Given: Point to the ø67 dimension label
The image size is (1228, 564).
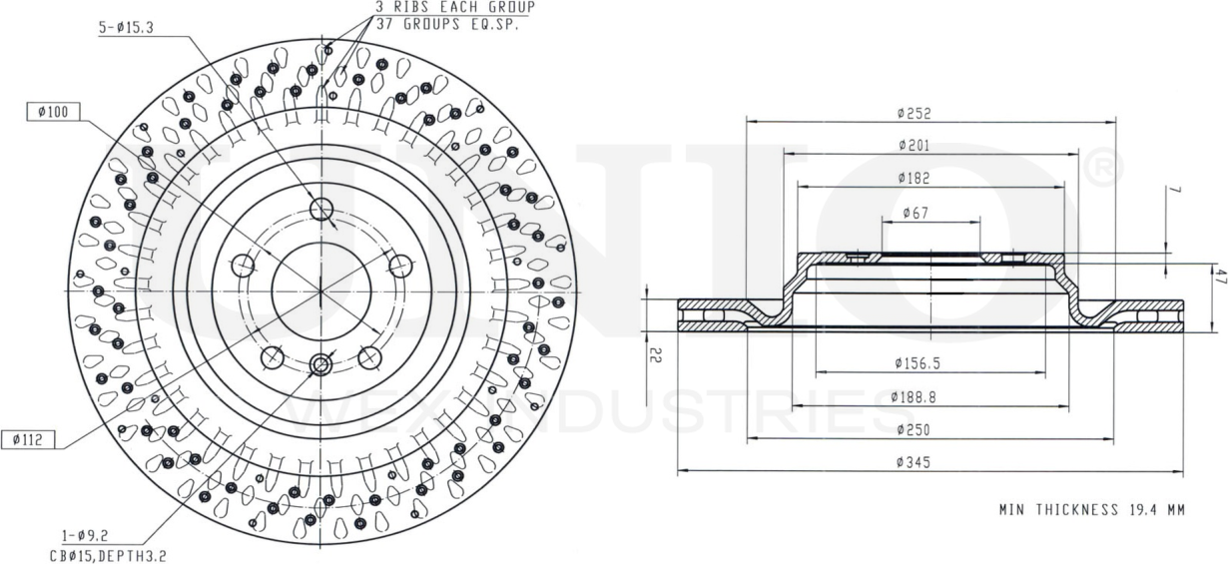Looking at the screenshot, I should (917, 213).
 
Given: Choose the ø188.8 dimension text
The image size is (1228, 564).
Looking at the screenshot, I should (917, 397).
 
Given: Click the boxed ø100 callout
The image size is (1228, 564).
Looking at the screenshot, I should (52, 112).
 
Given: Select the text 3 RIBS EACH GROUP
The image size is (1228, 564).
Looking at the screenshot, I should (454, 7).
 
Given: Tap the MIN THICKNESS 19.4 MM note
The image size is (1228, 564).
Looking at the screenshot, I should (1091, 510).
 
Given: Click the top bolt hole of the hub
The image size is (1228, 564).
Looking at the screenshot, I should (320, 209).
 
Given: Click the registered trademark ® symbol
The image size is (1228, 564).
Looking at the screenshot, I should (1103, 169).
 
